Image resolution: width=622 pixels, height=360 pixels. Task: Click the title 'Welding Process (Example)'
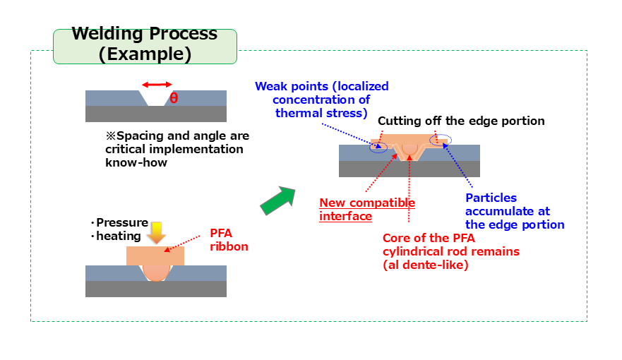pos(145,44)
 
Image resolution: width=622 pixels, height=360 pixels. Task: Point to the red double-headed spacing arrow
pos(156,85)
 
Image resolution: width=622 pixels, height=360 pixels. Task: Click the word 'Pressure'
pos(122,223)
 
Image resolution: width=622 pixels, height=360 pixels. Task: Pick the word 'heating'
pos(119,236)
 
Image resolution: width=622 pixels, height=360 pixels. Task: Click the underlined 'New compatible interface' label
pos(367,210)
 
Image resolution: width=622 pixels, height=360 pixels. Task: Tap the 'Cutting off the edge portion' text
pos(461,121)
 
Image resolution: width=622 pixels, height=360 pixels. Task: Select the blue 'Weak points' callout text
pos(322,100)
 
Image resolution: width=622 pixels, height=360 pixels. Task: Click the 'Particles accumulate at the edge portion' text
pos(515,211)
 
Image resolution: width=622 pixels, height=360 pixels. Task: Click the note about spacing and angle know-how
pos(177,149)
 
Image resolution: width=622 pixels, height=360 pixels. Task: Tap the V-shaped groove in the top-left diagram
pos(156,100)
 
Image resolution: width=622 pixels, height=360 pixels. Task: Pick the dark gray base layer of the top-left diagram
pos(156,114)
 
